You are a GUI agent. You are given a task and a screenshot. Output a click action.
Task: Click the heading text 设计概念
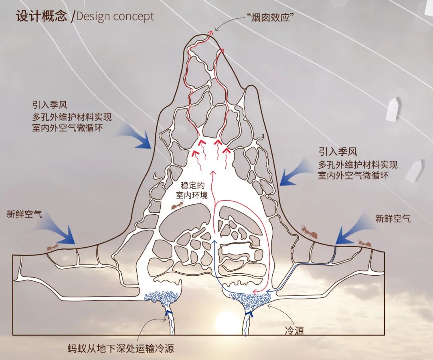pos(41,16)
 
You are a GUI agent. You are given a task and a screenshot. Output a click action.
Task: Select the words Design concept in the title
pos(115,16)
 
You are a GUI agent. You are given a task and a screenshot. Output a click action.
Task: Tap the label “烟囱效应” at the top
pos(268,18)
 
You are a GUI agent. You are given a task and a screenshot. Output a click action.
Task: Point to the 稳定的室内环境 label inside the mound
pos(193,191)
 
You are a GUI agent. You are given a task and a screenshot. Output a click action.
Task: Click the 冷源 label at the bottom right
pos(294,331)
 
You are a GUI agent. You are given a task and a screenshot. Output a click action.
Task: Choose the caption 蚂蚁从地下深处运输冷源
pos(121,348)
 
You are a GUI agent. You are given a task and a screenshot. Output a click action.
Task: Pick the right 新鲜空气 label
pos(393,219)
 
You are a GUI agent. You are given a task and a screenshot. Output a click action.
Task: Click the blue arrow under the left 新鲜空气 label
pos(60,233)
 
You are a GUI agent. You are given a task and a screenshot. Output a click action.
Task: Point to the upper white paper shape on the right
pos(393,108)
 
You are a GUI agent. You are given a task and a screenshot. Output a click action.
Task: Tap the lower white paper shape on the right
pos(415,171)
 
